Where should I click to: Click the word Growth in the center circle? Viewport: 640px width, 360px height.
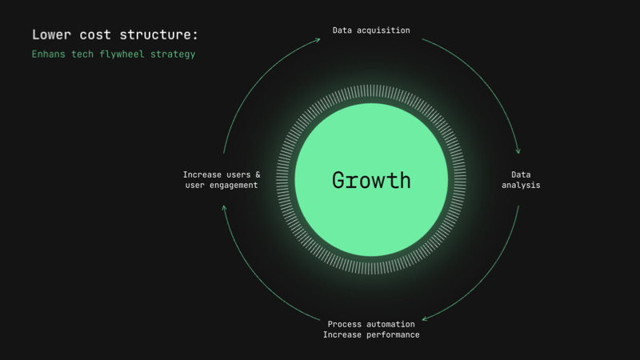371,181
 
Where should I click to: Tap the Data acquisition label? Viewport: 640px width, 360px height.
371,30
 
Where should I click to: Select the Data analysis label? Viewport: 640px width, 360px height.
521,180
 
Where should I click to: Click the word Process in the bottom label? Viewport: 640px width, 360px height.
345,324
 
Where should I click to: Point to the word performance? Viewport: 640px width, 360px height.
393,335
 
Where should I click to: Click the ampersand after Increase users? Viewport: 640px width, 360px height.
258,174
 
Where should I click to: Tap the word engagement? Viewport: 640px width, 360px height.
234,186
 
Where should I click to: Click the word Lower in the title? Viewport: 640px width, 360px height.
51,34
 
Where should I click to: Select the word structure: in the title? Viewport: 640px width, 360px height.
158,34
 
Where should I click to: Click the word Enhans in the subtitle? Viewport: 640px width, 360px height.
48,54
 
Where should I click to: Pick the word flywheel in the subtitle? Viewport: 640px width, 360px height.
122,54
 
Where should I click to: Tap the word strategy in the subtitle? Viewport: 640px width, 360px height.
173,54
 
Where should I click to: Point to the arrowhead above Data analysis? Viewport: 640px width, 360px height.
518,151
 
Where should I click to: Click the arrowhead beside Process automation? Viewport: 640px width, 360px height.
425,318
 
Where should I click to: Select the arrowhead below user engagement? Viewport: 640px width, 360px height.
224,208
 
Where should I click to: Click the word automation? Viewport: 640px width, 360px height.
390,324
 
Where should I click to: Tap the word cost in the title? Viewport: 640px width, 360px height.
95,35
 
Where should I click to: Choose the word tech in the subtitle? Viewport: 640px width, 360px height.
82,54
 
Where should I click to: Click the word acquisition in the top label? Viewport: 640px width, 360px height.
383,30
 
